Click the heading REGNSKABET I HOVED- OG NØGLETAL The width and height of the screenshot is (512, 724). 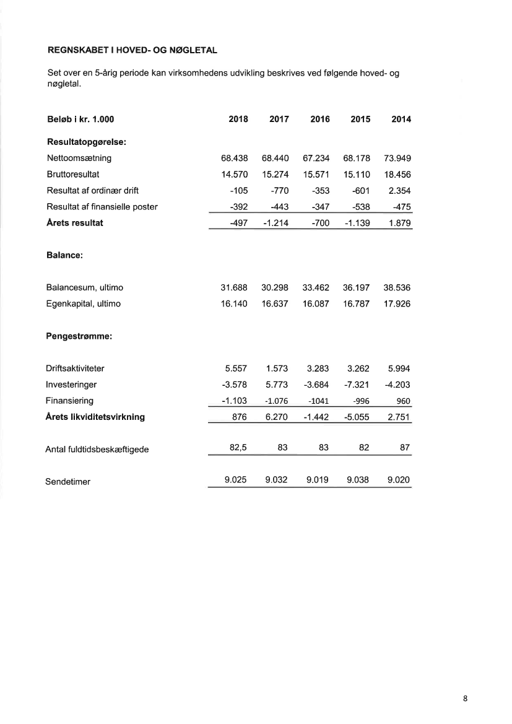(x=132, y=48)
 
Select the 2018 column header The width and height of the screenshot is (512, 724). (x=238, y=120)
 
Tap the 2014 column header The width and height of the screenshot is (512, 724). (x=401, y=120)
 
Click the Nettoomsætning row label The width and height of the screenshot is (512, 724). (x=79, y=159)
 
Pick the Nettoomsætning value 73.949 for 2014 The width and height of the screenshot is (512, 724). (x=397, y=159)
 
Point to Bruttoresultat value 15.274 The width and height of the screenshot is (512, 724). (x=276, y=175)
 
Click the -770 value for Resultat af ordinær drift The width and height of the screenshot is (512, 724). (x=280, y=191)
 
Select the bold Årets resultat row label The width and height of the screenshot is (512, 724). (x=75, y=223)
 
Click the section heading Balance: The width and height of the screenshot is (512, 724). (x=65, y=255)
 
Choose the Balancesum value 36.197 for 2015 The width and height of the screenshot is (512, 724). (x=357, y=288)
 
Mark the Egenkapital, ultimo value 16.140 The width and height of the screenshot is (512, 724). (x=235, y=304)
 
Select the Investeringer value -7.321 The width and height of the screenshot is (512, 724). (x=357, y=385)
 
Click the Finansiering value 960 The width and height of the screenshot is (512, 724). (x=403, y=401)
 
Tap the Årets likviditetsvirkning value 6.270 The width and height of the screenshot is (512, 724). (x=276, y=417)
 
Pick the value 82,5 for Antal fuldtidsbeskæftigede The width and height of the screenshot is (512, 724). (x=238, y=448)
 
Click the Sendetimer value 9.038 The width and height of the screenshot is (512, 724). (x=357, y=480)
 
